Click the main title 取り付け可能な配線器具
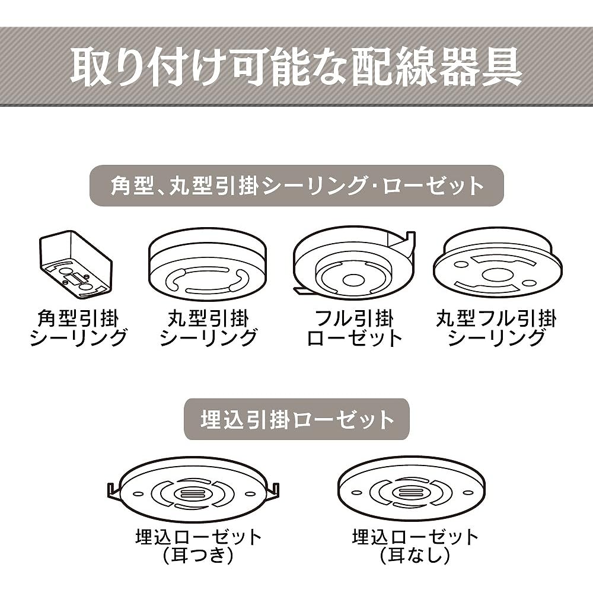pyautogui.click(x=296, y=67)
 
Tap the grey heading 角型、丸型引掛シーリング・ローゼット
pyautogui.click(x=296, y=186)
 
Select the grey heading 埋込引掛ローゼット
pyautogui.click(x=296, y=419)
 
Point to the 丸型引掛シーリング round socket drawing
pyautogui.click(x=207, y=264)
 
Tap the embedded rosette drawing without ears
pyautogui.click(x=411, y=488)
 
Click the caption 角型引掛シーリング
pyautogui.click(x=78, y=327)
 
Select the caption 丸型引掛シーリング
pyautogui.click(x=208, y=327)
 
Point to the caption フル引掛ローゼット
pyautogui.click(x=355, y=327)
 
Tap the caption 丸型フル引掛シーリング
pyautogui.click(x=496, y=327)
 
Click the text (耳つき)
pyautogui.click(x=198, y=555)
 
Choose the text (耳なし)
pyautogui.click(x=415, y=555)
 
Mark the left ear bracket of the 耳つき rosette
pyautogui.click(x=114, y=492)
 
